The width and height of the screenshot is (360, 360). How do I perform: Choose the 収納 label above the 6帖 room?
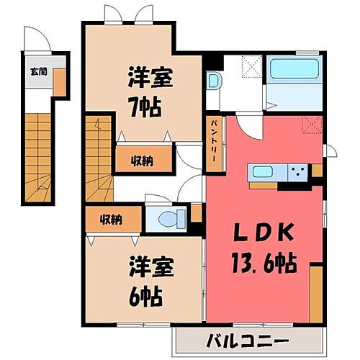tap(110, 219)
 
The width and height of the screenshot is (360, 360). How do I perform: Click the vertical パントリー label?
tap(215, 143)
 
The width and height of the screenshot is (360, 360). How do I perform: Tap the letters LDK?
tap(262, 235)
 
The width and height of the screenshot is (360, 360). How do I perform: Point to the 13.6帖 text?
tap(264, 263)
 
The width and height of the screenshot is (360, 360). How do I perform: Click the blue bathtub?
tap(292, 72)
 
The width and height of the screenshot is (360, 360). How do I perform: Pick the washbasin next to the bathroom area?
tap(213, 81)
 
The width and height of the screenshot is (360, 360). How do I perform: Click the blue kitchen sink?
tap(262, 172)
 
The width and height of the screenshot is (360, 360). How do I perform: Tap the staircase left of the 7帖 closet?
tap(98, 155)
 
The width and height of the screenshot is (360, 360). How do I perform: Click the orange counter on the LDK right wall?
tap(316, 294)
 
